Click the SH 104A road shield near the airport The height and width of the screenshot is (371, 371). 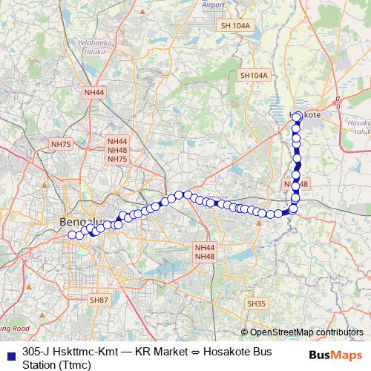(237, 25)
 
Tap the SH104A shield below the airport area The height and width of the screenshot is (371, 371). (253, 76)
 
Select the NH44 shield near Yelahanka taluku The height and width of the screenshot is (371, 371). (94, 92)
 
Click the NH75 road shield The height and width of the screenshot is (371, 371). (60, 143)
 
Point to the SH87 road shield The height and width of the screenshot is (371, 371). (99, 300)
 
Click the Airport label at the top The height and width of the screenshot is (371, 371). (213, 4)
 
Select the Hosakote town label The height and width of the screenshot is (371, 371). (304, 115)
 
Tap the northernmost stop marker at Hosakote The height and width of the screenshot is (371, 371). (297, 116)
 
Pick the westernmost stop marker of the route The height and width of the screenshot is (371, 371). (72, 235)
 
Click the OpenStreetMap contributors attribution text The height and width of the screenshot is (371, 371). (306, 332)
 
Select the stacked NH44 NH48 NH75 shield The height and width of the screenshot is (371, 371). (117, 150)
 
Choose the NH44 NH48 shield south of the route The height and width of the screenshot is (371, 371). (204, 252)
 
